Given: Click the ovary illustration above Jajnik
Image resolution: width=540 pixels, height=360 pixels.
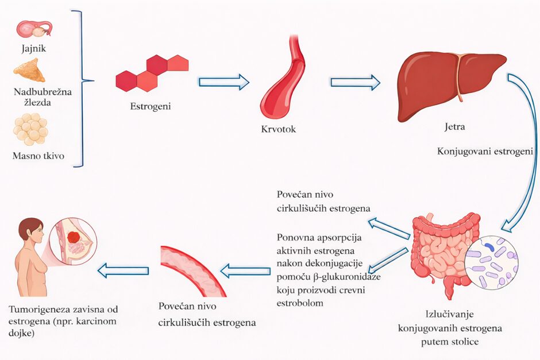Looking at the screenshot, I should (34, 29).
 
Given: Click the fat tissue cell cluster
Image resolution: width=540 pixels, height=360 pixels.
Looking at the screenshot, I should (30, 129).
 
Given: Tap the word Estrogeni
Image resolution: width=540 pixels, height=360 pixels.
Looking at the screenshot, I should (151, 107).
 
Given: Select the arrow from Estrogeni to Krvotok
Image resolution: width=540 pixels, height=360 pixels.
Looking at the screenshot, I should (223, 82).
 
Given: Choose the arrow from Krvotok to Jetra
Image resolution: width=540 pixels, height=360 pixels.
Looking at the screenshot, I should (356, 82).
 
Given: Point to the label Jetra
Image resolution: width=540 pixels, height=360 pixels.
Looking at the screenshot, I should (454, 126).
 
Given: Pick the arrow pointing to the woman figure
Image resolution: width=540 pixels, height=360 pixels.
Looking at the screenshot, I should (124, 269).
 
